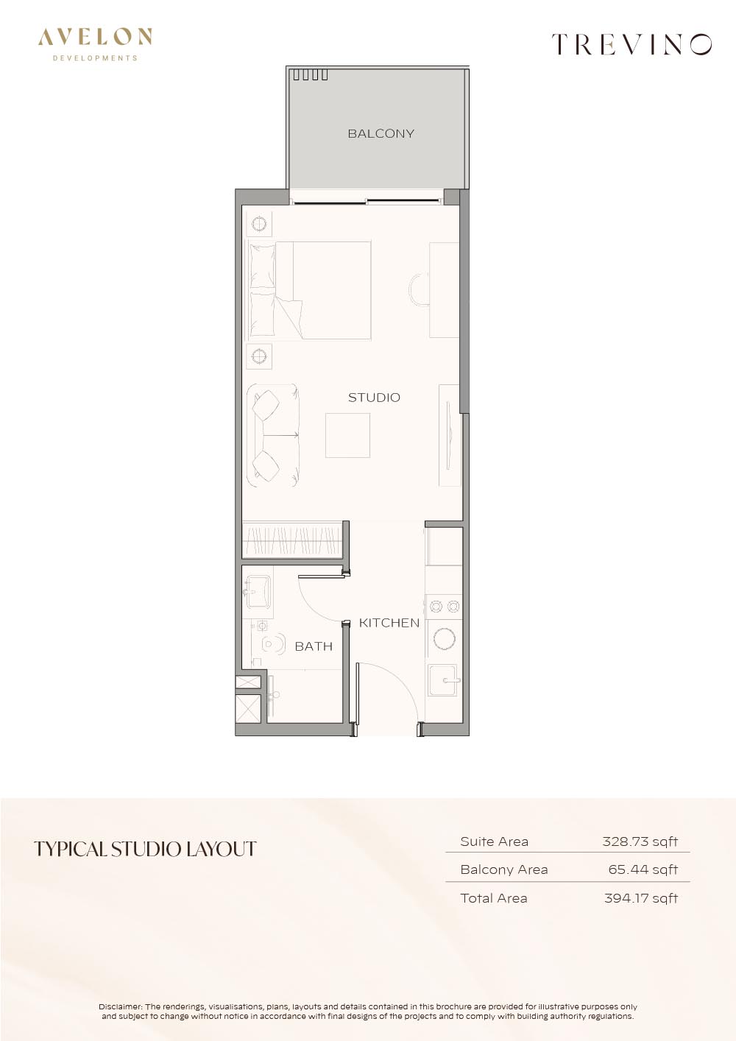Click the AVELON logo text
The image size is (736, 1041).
point(95,37)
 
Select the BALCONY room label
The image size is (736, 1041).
point(381,134)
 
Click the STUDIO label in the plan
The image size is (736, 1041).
point(374,398)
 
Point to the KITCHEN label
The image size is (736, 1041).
point(389,623)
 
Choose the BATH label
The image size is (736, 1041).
point(314,646)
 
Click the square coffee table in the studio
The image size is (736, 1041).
point(347,435)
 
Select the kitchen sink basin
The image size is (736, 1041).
point(444,680)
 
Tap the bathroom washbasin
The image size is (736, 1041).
point(258,591)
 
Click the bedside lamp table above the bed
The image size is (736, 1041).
point(259,225)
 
